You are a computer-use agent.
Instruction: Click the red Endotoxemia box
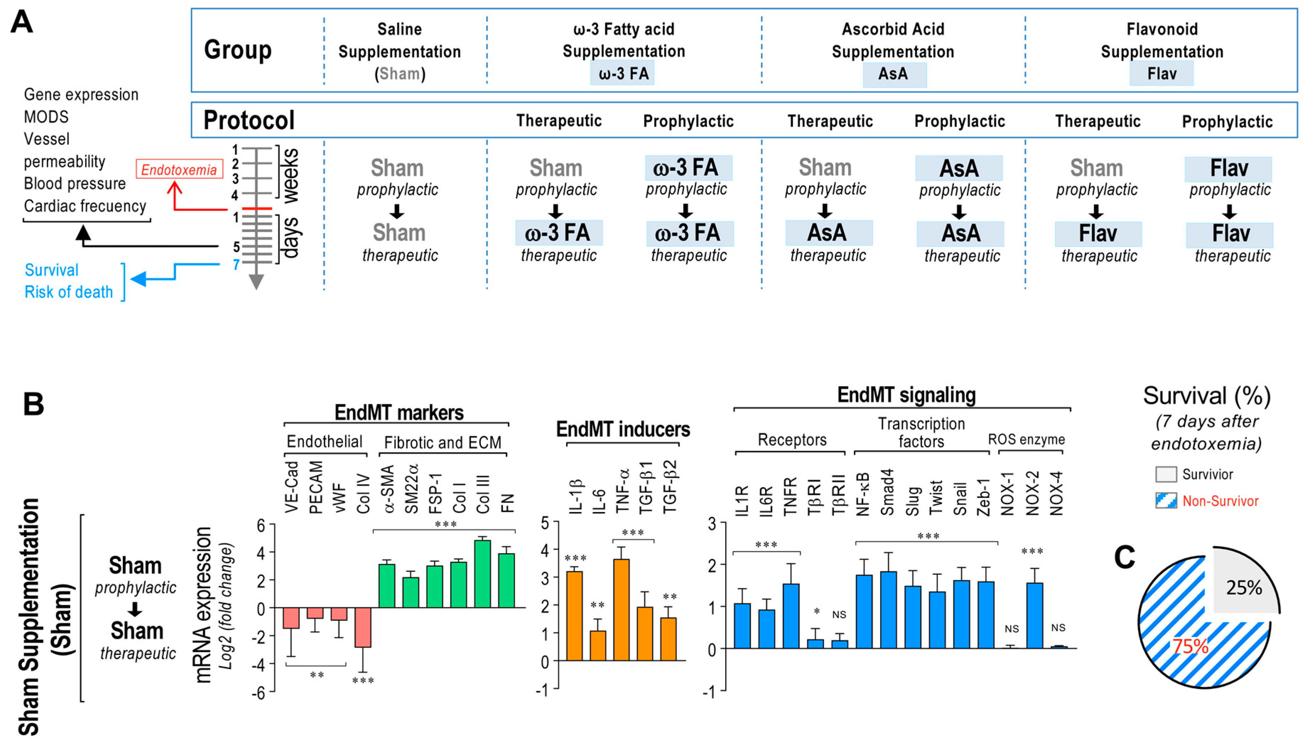pos(179,170)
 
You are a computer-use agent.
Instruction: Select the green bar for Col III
pos(482,574)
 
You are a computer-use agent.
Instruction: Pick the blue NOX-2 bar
pos(1034,615)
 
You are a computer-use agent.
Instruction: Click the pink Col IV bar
pos(363,628)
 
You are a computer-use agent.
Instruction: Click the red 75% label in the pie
pos(1191,646)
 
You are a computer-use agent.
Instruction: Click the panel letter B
pos(34,404)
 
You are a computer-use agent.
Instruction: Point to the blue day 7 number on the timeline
pos(236,265)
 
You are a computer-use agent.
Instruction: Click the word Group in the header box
pos(238,50)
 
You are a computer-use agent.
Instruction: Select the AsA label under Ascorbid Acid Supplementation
pos(893,74)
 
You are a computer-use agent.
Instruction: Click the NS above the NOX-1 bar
pos(1011,629)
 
